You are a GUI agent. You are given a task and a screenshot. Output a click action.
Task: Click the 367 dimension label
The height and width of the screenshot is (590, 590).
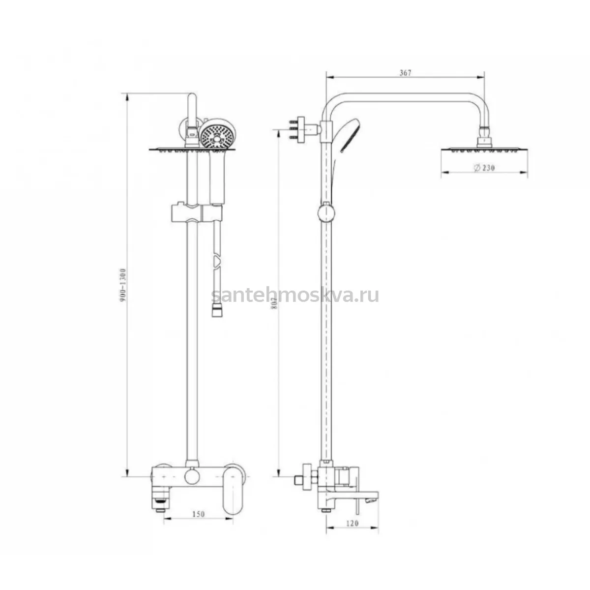tap(405, 73)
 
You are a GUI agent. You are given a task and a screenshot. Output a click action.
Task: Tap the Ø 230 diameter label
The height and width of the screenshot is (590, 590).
tap(484, 168)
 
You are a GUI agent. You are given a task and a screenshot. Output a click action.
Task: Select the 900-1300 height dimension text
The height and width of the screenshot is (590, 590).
tap(123, 285)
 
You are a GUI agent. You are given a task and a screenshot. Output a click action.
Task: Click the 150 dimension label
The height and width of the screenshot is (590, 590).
tap(199, 514)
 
